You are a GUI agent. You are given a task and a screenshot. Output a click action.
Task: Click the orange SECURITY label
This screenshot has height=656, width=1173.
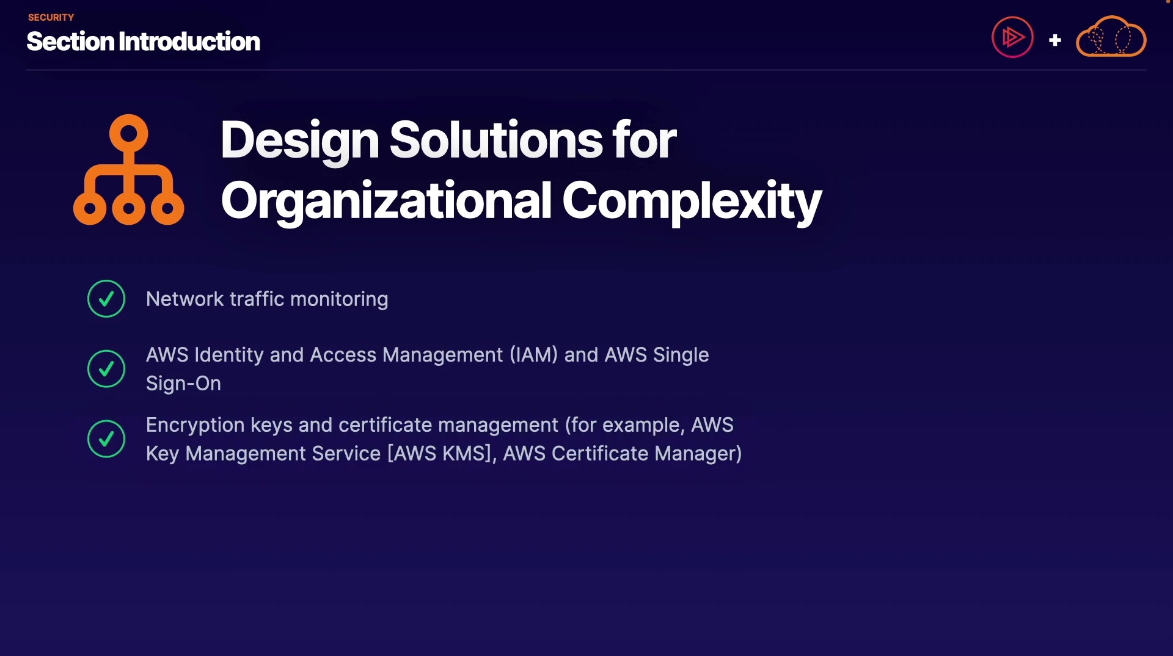tap(51, 17)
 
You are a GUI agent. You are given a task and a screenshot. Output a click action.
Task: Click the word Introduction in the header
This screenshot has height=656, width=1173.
tap(189, 42)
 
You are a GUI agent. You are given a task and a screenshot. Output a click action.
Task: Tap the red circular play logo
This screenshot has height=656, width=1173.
tap(1012, 37)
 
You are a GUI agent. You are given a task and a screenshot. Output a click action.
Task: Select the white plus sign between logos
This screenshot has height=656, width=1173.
tap(1055, 40)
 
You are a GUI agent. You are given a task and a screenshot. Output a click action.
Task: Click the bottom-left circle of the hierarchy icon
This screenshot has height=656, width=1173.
tap(90, 209)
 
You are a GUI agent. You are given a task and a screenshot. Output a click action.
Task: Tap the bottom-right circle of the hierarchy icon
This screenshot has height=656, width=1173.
tap(167, 209)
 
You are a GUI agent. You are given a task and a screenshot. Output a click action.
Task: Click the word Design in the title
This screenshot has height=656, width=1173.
tap(300, 140)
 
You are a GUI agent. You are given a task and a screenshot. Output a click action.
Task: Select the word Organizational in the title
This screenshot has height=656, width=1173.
tap(386, 201)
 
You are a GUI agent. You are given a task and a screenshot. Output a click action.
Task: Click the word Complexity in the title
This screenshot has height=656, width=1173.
tap(692, 201)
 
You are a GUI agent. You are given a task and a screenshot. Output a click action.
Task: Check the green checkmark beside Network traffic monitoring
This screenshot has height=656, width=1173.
tap(106, 299)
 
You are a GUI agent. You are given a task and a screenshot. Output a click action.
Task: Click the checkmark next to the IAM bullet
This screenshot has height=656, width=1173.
tap(106, 369)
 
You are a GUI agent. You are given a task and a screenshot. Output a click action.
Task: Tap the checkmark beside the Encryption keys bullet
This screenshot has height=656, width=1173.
tap(106, 439)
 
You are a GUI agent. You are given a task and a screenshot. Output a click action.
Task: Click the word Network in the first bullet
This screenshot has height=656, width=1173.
tap(185, 299)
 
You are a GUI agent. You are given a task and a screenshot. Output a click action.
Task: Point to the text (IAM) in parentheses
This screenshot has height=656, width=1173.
tap(533, 355)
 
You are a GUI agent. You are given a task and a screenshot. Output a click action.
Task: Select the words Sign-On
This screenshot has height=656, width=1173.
tap(183, 384)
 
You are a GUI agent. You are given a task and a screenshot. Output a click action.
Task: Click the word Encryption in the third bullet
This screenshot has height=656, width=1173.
tap(195, 425)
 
